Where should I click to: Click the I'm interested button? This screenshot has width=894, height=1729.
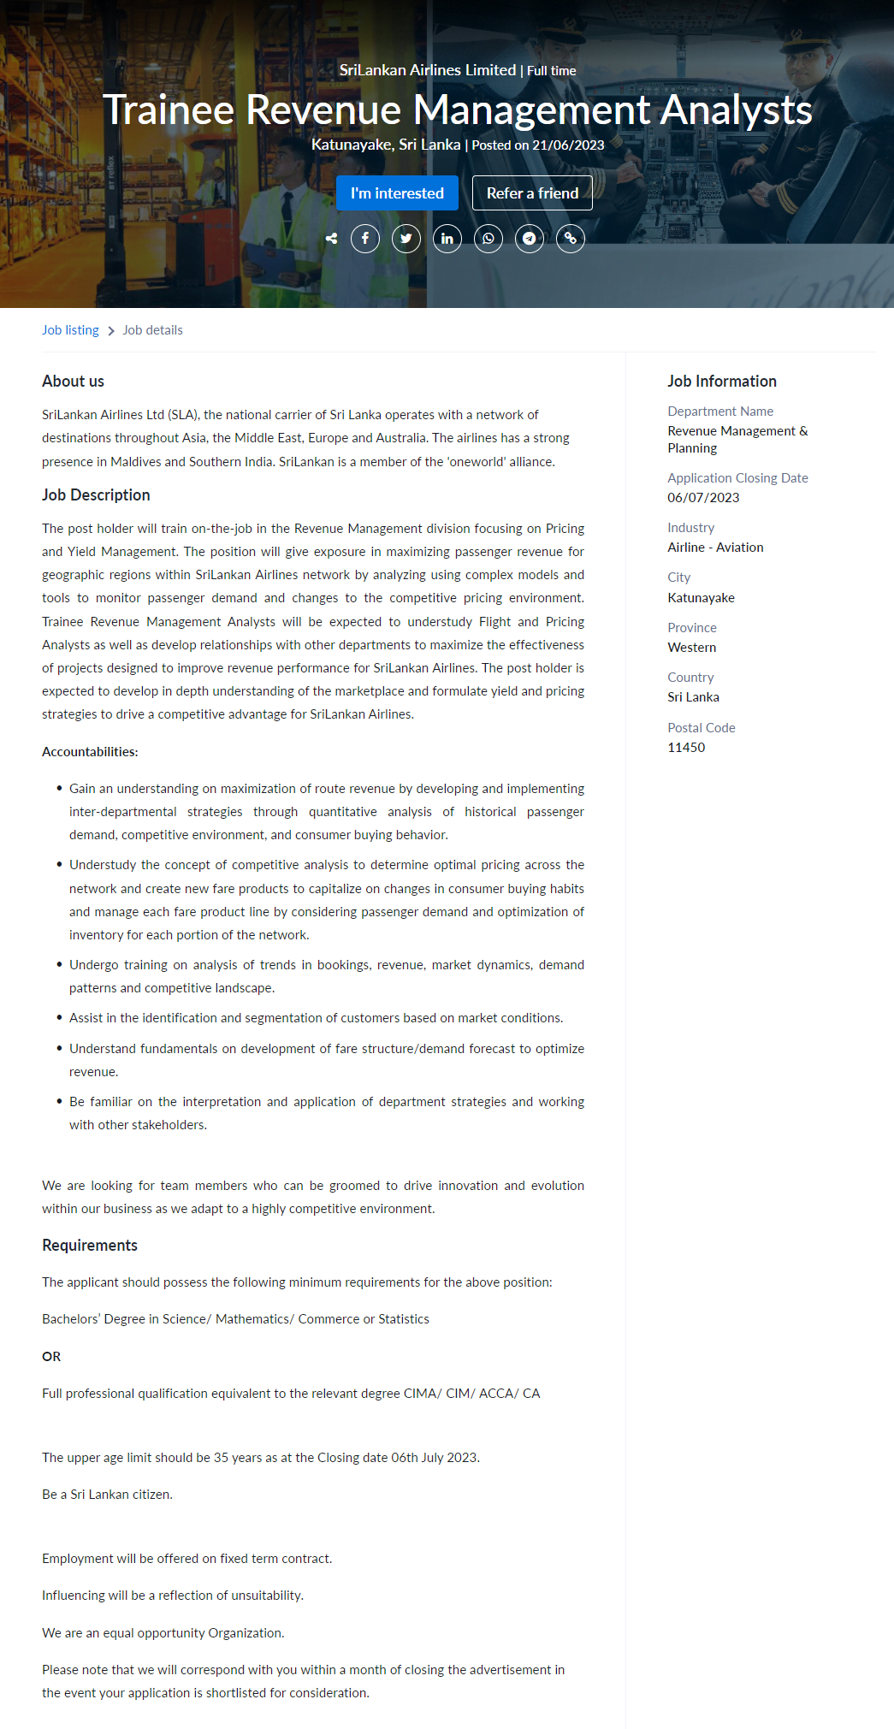coord(397,193)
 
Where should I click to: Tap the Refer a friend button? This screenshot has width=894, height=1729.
coord(532,193)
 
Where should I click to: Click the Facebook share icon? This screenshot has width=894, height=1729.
coord(365,239)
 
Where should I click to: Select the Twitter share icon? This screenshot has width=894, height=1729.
coord(406,239)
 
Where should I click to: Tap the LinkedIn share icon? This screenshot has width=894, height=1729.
coord(447,239)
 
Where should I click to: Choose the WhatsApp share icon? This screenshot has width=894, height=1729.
coord(488,239)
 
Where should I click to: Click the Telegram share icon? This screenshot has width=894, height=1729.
coord(530,239)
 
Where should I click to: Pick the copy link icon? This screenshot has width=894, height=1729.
coord(571,239)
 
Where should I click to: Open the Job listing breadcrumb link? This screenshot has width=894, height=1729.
coord(70,330)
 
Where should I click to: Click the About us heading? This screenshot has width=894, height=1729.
coord(73,382)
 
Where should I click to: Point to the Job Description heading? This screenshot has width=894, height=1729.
coord(96,495)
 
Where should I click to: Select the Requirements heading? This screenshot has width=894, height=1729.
coord(90,1246)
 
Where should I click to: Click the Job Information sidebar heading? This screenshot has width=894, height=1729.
coord(722,382)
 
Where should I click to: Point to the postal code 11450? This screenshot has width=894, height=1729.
coord(686,748)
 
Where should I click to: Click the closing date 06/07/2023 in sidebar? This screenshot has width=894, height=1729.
coord(703,498)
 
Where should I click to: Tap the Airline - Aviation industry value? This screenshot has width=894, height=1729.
coord(715,548)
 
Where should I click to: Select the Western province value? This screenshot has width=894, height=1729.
coord(692,648)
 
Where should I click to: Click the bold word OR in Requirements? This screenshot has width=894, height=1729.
coord(51,1357)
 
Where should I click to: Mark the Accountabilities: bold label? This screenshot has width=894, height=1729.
coord(90,752)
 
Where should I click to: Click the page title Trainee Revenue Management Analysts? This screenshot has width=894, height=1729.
coord(458,110)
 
